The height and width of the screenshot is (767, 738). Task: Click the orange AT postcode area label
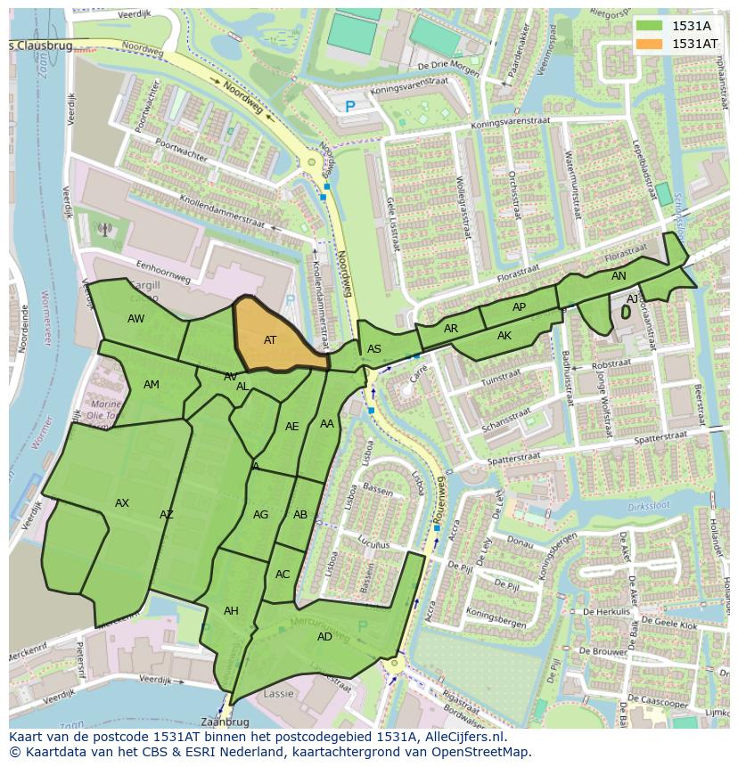[x=270, y=339]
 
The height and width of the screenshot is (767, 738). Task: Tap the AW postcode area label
[x=135, y=318]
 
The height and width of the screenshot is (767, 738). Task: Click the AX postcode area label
[x=122, y=503]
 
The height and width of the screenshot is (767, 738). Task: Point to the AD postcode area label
[x=324, y=636]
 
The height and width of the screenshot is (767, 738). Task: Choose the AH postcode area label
[x=231, y=610]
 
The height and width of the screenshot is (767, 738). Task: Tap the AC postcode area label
[x=283, y=574]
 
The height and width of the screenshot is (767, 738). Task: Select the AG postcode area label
[x=260, y=514]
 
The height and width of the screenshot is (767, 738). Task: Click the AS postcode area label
[x=374, y=348]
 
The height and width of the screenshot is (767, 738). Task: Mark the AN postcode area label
[x=619, y=276]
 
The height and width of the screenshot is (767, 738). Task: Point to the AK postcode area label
[x=504, y=336]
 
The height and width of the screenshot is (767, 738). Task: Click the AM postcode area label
[x=152, y=384]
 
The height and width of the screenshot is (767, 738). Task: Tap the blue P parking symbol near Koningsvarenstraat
[x=349, y=107]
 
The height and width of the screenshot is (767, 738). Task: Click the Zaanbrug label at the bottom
[x=224, y=722]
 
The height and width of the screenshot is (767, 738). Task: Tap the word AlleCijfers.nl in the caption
[x=460, y=737]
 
